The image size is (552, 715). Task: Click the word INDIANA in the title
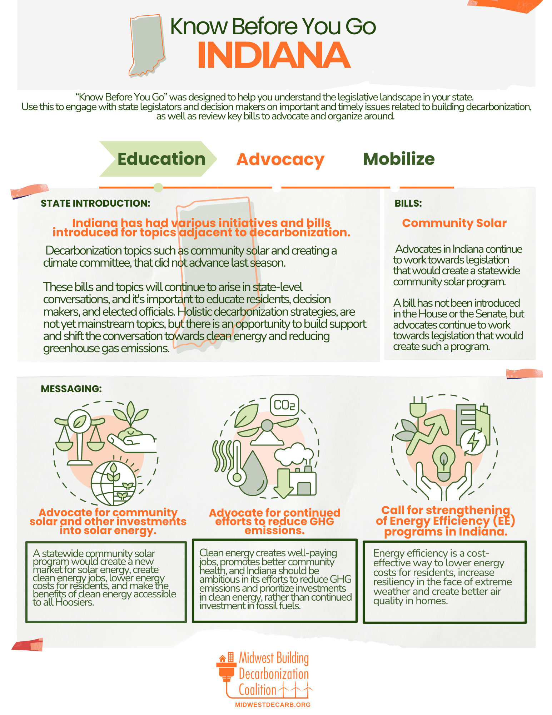point(274,55)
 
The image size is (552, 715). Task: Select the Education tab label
point(161,159)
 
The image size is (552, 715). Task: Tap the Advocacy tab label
point(280,159)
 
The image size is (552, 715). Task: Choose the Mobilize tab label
point(399,159)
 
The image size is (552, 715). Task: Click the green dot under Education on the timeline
point(158,187)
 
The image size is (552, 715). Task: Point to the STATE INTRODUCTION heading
point(95,203)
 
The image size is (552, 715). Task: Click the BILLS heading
point(408,203)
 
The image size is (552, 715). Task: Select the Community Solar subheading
point(454,223)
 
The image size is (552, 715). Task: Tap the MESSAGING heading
point(71,389)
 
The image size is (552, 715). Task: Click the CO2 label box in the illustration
point(284,405)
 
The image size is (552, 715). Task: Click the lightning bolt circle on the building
point(473,442)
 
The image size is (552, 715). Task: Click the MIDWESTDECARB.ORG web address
point(273,705)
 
